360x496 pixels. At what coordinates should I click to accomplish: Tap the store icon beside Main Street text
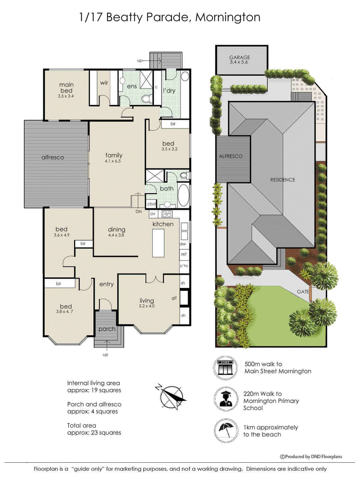(225, 368)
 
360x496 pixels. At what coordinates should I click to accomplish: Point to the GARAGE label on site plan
(239, 57)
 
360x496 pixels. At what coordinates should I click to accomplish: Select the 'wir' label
(104, 83)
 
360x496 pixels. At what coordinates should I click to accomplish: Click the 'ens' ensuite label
(132, 86)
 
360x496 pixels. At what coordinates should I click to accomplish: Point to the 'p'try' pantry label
(184, 266)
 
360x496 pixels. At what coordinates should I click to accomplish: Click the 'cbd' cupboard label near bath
(151, 204)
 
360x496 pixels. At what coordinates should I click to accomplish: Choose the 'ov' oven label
(153, 214)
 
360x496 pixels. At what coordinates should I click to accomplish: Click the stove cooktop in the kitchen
(166, 214)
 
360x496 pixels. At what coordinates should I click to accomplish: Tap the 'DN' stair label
(139, 211)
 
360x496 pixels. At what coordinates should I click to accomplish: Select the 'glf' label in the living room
(174, 298)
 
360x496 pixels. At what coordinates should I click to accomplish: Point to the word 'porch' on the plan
(107, 329)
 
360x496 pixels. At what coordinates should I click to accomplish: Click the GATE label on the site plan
(303, 291)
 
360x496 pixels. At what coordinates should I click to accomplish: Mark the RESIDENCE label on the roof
(283, 180)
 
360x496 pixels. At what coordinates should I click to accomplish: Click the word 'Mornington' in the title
(228, 18)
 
